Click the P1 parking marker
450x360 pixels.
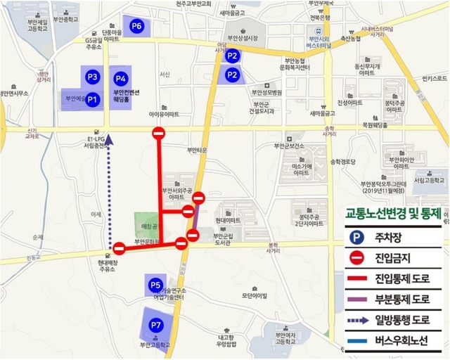click(x=91, y=100)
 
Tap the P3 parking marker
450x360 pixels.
click(x=92, y=76)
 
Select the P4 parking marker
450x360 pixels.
click(x=121, y=78)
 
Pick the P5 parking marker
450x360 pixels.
click(x=155, y=285)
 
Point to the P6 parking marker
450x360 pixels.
click(x=136, y=27)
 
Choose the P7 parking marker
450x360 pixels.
click(x=157, y=325)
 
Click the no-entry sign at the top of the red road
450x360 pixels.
click(x=158, y=133)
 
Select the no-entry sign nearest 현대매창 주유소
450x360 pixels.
click(x=120, y=248)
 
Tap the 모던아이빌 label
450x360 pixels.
click(x=254, y=296)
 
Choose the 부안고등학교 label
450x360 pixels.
click(x=155, y=345)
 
